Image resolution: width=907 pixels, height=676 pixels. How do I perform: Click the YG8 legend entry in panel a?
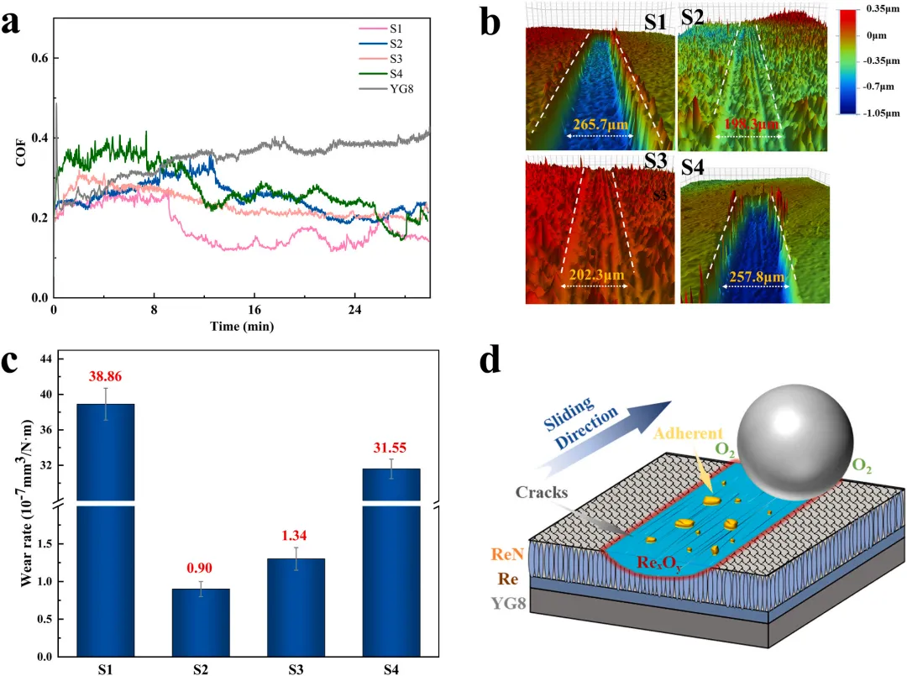click(385, 89)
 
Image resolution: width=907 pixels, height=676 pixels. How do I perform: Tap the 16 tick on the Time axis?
click(254, 310)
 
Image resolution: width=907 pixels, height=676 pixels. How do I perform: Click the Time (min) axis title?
click(242, 326)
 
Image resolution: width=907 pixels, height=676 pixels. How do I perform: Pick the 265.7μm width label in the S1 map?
click(600, 123)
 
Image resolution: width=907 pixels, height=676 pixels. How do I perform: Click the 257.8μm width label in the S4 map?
click(757, 276)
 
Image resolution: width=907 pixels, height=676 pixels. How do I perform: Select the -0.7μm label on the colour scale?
click(878, 86)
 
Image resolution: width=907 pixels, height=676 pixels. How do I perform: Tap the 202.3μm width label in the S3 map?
click(596, 274)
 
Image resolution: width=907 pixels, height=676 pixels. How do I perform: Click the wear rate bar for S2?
click(201, 622)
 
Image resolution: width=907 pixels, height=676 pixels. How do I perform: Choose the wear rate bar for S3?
click(296, 607)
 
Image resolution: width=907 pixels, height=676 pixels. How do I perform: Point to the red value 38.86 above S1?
click(105, 376)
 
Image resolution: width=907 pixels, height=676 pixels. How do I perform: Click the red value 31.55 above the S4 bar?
click(390, 448)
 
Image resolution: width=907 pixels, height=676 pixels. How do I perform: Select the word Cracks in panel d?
click(542, 492)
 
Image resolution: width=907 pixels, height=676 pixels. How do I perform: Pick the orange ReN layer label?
click(507, 554)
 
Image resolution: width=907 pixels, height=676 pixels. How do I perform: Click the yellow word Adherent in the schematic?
click(689, 433)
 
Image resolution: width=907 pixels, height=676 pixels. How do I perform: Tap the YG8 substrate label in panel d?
click(509, 604)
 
